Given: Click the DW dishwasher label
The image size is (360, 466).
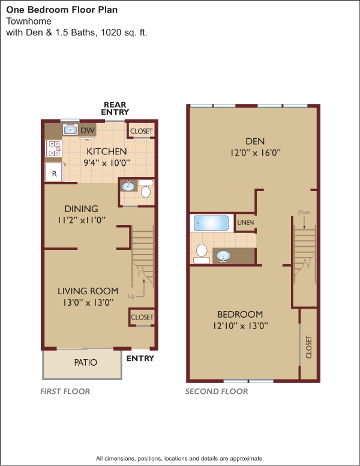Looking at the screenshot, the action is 88,130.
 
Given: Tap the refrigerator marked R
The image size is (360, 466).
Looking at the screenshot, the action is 54,172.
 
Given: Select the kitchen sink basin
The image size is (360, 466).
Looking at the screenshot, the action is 70,130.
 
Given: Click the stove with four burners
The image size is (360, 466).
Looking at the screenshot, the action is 54,148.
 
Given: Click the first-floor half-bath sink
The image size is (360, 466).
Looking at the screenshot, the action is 128,186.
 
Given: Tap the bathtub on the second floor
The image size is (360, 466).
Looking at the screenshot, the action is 211,223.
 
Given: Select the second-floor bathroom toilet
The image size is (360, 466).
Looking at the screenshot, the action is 202,253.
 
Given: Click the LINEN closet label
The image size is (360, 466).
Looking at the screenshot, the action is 245,222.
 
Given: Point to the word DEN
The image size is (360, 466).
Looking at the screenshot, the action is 255,141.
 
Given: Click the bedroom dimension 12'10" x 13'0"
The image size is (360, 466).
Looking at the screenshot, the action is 240,325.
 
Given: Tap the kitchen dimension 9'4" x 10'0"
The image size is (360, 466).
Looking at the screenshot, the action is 107,163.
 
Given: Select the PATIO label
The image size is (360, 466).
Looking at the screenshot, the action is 86,362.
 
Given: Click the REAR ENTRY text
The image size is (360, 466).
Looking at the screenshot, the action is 115,109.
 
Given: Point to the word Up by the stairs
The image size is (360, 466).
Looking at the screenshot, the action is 131,296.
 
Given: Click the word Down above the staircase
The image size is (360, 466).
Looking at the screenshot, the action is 304,213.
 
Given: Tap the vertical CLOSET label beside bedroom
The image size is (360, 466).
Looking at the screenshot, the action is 309,347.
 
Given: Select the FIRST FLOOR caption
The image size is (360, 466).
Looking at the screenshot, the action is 65,392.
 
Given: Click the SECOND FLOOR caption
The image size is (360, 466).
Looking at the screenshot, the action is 217,392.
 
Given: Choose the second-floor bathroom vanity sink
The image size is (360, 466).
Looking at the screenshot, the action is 223,256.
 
